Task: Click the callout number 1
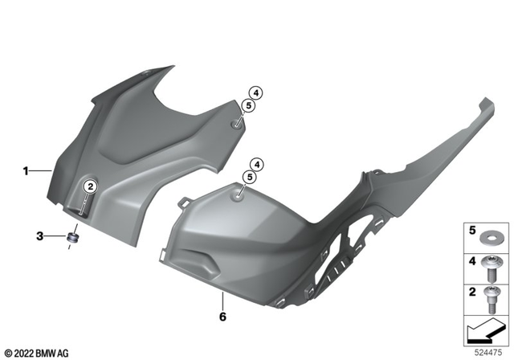[x=26, y=170]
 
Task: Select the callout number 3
[x=39, y=235]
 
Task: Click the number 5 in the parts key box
[x=471, y=231]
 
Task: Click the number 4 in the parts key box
[x=471, y=261]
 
